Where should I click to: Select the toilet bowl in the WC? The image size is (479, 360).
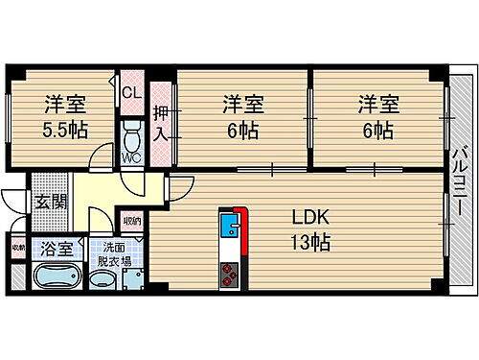(131, 132)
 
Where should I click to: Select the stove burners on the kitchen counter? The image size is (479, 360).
(231, 276)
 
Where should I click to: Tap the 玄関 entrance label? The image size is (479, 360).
(52, 202)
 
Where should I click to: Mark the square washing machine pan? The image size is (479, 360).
(135, 279)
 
